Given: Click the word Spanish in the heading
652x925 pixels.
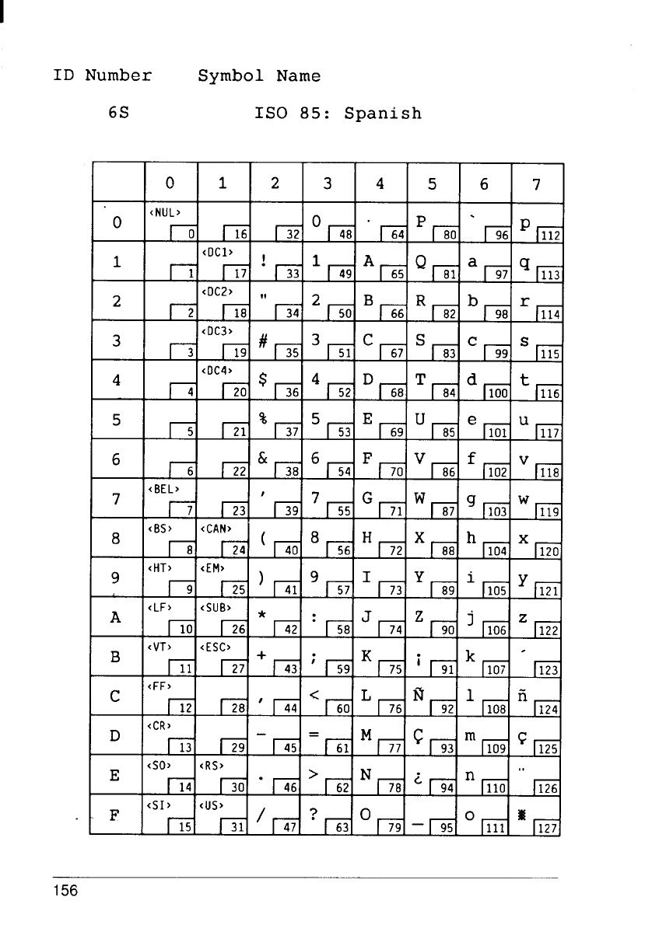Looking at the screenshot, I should tap(383, 113).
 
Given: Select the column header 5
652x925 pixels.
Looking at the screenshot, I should tap(433, 185).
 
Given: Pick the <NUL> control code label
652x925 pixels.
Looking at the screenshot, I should tap(160, 210).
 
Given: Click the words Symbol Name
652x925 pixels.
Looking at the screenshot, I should tap(259, 76).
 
